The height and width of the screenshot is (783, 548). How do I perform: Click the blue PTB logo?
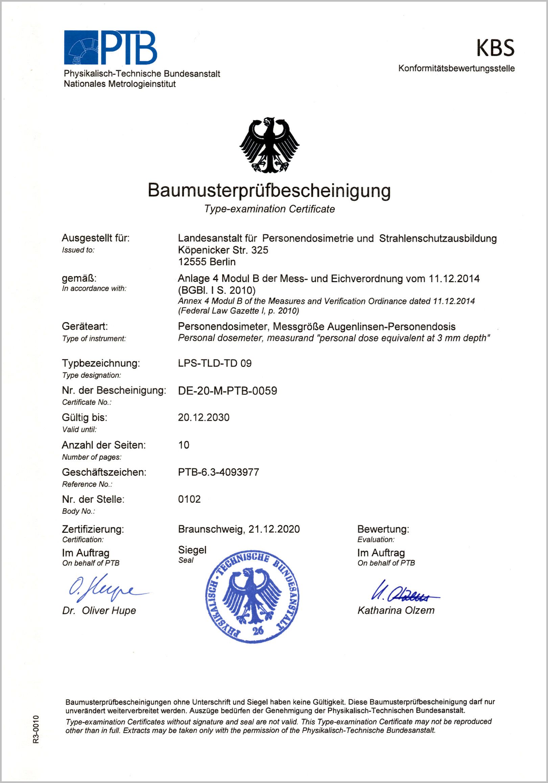click(111, 47)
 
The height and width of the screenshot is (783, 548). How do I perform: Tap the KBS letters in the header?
click(495, 48)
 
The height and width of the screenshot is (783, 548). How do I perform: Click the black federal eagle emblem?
click(269, 145)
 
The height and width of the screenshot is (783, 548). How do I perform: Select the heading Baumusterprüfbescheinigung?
click(269, 190)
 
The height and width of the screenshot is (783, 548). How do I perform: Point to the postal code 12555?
click(192, 262)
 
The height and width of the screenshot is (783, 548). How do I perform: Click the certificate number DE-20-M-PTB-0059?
click(227, 391)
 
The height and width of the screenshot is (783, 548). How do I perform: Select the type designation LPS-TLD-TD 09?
click(215, 363)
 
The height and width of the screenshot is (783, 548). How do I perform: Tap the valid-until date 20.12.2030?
click(204, 418)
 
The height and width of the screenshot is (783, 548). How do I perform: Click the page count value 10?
click(184, 445)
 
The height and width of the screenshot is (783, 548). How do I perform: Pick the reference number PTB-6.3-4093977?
click(218, 472)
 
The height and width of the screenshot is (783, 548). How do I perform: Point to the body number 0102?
click(189, 499)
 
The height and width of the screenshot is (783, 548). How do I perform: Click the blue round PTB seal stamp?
click(252, 597)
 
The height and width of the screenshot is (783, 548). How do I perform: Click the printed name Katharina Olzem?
click(396, 610)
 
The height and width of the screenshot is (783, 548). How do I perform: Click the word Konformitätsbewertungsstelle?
click(456, 69)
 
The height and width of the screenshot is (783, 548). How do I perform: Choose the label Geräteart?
click(85, 326)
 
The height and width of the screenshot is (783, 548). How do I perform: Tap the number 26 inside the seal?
click(258, 630)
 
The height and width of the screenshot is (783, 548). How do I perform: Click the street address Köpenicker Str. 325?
click(223, 250)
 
